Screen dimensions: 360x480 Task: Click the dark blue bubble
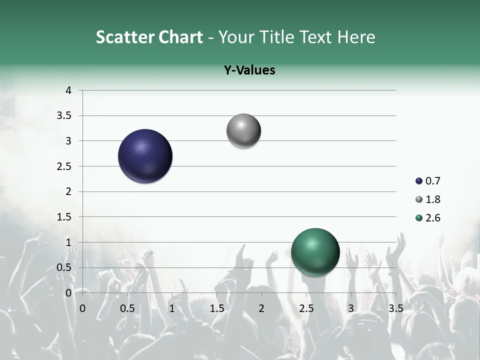pyautogui.click(x=145, y=156)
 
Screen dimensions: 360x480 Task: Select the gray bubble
pyautogui.click(x=243, y=131)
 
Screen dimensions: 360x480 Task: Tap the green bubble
pyautogui.click(x=315, y=252)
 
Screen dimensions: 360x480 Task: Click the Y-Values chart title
pyautogui.click(x=249, y=70)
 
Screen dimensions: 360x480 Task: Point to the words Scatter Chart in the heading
pyautogui.click(x=149, y=37)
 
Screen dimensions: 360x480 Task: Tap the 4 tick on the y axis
pyautogui.click(x=68, y=90)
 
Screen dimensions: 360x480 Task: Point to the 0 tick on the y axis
pyautogui.click(x=68, y=293)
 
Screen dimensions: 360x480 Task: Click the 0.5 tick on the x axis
pyautogui.click(x=127, y=308)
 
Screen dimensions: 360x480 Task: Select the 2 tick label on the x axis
pyautogui.click(x=261, y=308)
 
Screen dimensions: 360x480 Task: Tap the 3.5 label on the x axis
pyautogui.click(x=395, y=308)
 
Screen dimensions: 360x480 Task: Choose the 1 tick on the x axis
pyautogui.click(x=172, y=308)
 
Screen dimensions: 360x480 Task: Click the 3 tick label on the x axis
pyautogui.click(x=351, y=308)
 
